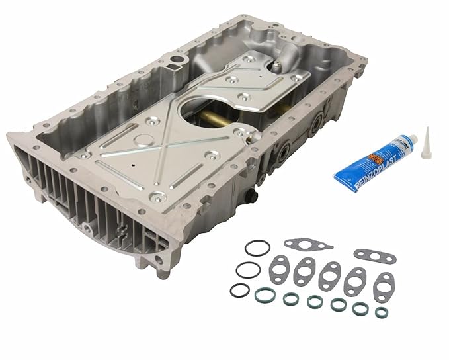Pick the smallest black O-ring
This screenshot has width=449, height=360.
239,290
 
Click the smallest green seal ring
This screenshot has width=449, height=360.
381,312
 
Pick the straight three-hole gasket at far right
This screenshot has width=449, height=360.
374,255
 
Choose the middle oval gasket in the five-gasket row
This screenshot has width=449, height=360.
329,277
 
